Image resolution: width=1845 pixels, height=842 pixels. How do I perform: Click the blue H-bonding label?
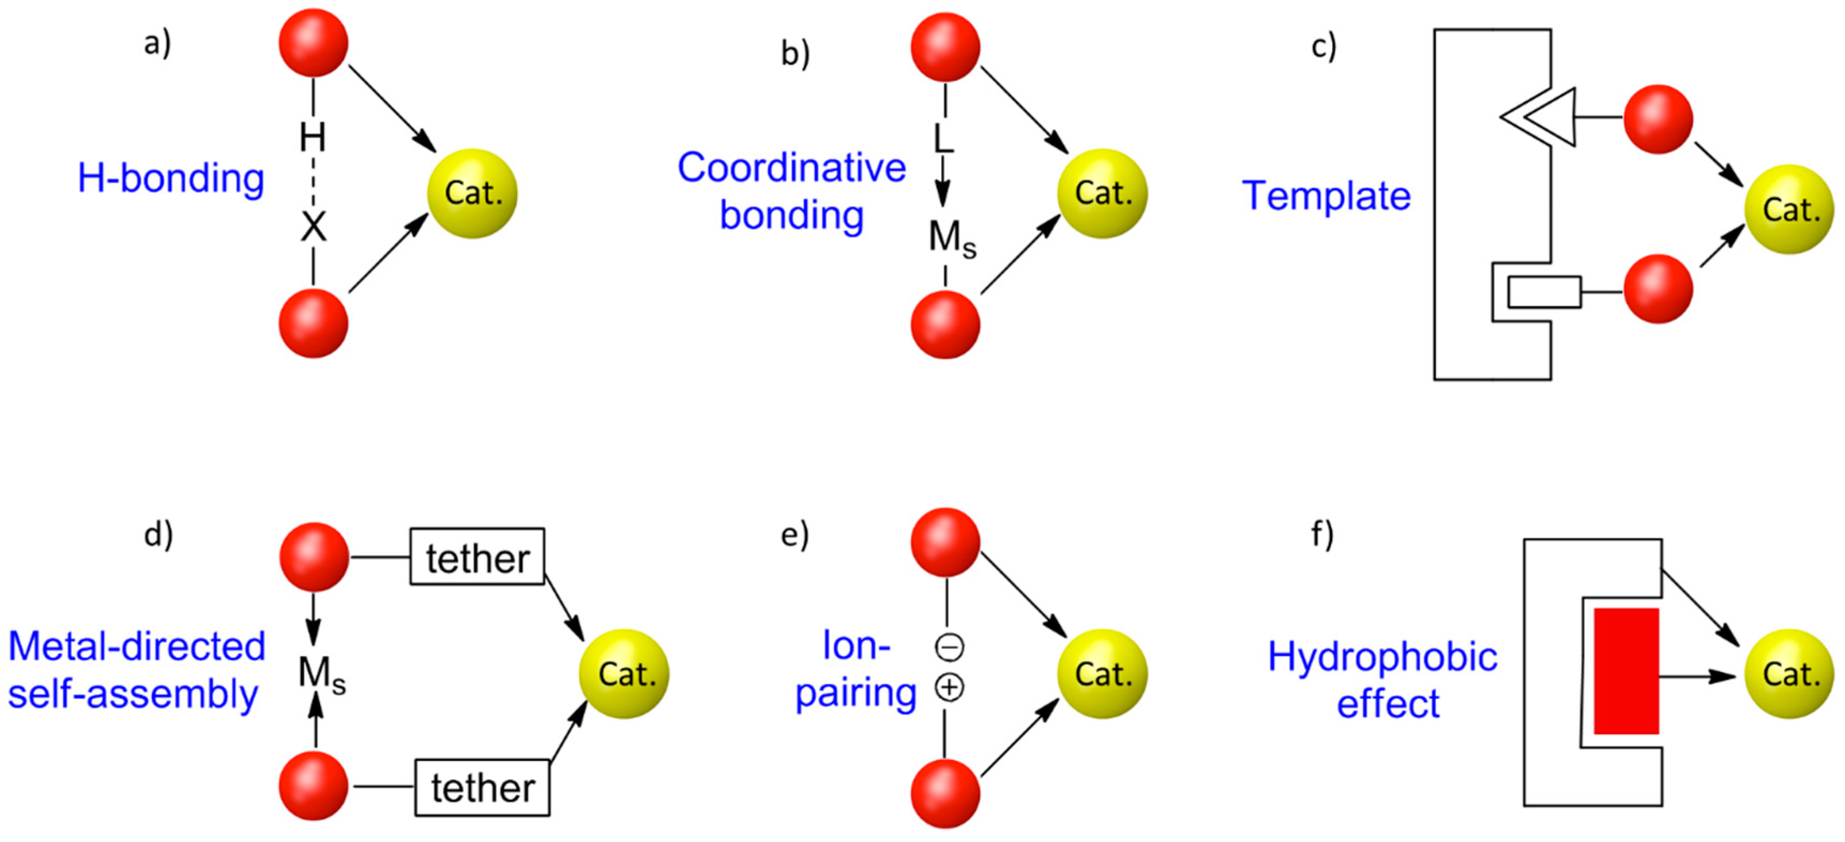[x=170, y=178]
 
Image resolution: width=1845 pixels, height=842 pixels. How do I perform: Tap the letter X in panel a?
[x=313, y=228]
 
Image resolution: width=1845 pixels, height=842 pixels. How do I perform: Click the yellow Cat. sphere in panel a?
[x=472, y=193]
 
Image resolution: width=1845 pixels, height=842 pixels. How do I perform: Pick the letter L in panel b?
[x=943, y=138]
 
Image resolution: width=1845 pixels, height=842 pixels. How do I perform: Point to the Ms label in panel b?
[x=952, y=238]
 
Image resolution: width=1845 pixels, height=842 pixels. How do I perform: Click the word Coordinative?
[x=791, y=168]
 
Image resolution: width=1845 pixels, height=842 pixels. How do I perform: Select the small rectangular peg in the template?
[x=1544, y=292]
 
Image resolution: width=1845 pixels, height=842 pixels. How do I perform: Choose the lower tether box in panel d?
[x=482, y=787]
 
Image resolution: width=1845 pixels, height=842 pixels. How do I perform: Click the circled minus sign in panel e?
[x=950, y=647]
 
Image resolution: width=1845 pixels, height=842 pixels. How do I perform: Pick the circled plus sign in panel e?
[x=950, y=688]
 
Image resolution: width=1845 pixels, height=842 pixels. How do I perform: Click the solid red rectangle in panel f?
[x=1626, y=671]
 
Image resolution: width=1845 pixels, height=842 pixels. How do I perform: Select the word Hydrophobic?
[x=1382, y=656]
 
